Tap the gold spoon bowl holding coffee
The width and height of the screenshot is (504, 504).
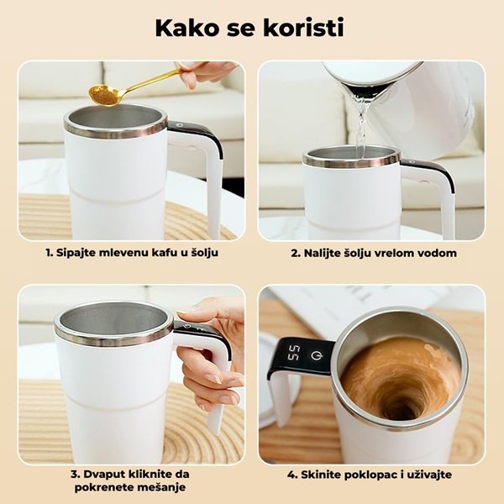click(104, 95)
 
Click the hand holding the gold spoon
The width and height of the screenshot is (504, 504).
click(205, 73)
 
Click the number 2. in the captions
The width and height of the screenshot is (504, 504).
click(296, 253)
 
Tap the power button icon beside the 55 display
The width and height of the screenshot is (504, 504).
click(316, 355)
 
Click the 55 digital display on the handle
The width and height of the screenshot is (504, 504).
click(293, 353)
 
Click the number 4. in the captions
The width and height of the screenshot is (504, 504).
click(292, 475)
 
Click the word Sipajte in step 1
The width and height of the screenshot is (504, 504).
click(76, 253)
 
